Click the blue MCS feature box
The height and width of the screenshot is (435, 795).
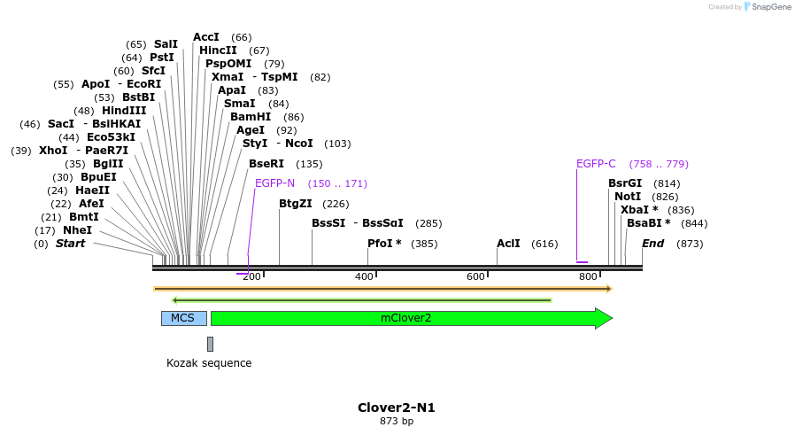183,318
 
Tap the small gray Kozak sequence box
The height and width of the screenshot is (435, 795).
210,344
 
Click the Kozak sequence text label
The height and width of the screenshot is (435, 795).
209,363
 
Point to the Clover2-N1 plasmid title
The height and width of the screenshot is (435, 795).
396,408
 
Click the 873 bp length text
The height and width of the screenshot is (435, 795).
396,422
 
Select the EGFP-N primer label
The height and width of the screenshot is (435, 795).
274,183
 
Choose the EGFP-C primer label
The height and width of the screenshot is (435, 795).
596,164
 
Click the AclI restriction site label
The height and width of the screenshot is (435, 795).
508,243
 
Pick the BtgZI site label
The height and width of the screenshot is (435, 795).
296,204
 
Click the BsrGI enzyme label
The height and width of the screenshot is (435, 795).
625,183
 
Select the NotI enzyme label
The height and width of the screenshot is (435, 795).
628,197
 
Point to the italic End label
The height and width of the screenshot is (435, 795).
652,243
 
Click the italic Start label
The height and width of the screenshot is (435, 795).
71,243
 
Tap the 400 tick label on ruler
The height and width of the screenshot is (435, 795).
364,277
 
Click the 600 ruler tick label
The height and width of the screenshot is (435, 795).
476,277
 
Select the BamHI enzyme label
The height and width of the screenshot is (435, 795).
251,117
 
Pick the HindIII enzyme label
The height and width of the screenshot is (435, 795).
123,111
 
